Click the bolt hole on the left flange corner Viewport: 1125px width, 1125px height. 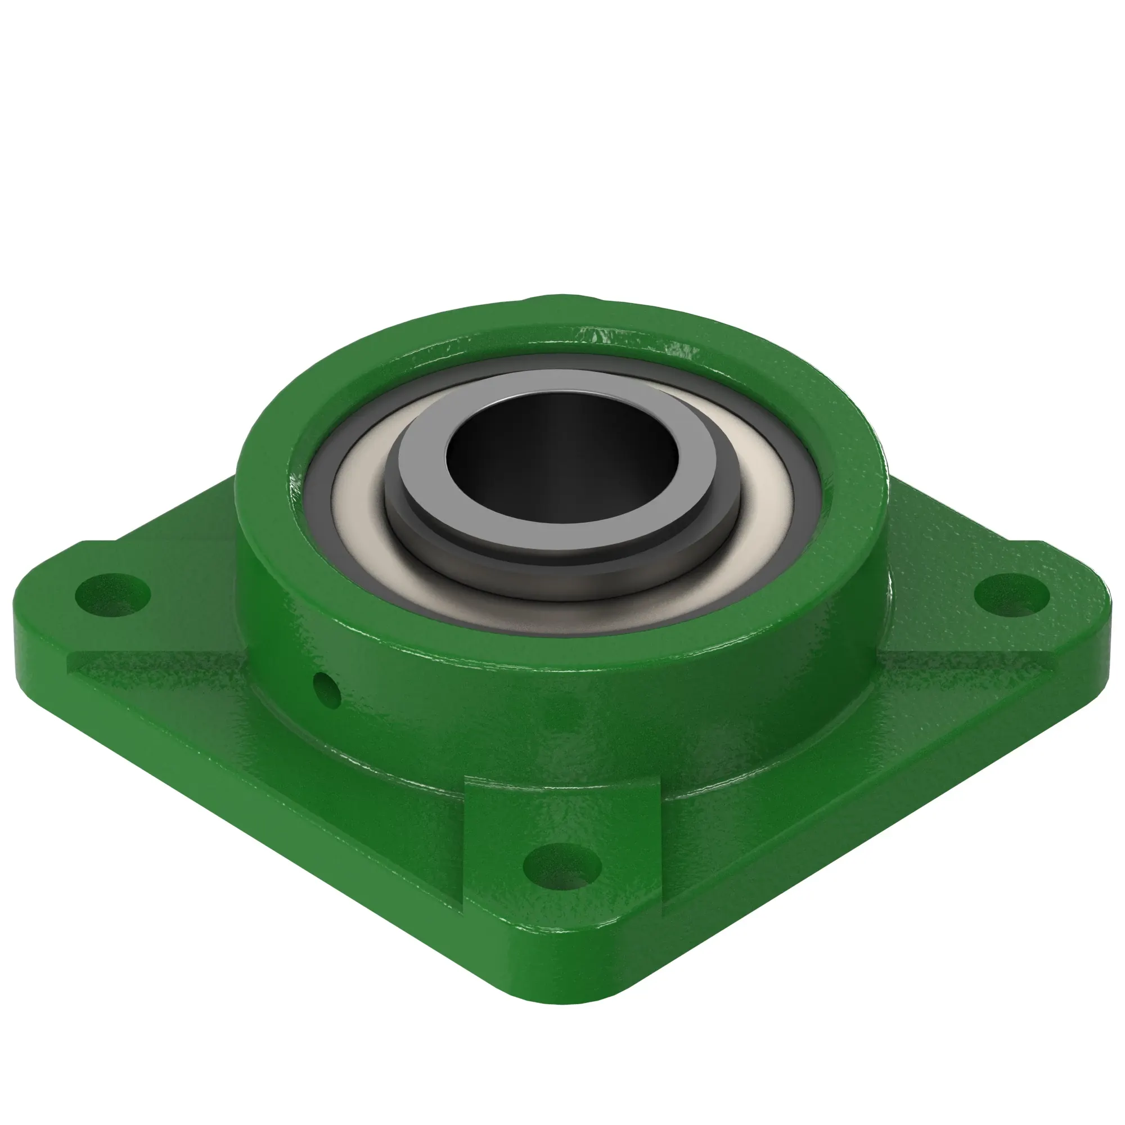(112, 595)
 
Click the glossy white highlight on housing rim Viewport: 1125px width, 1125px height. (676, 349)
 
